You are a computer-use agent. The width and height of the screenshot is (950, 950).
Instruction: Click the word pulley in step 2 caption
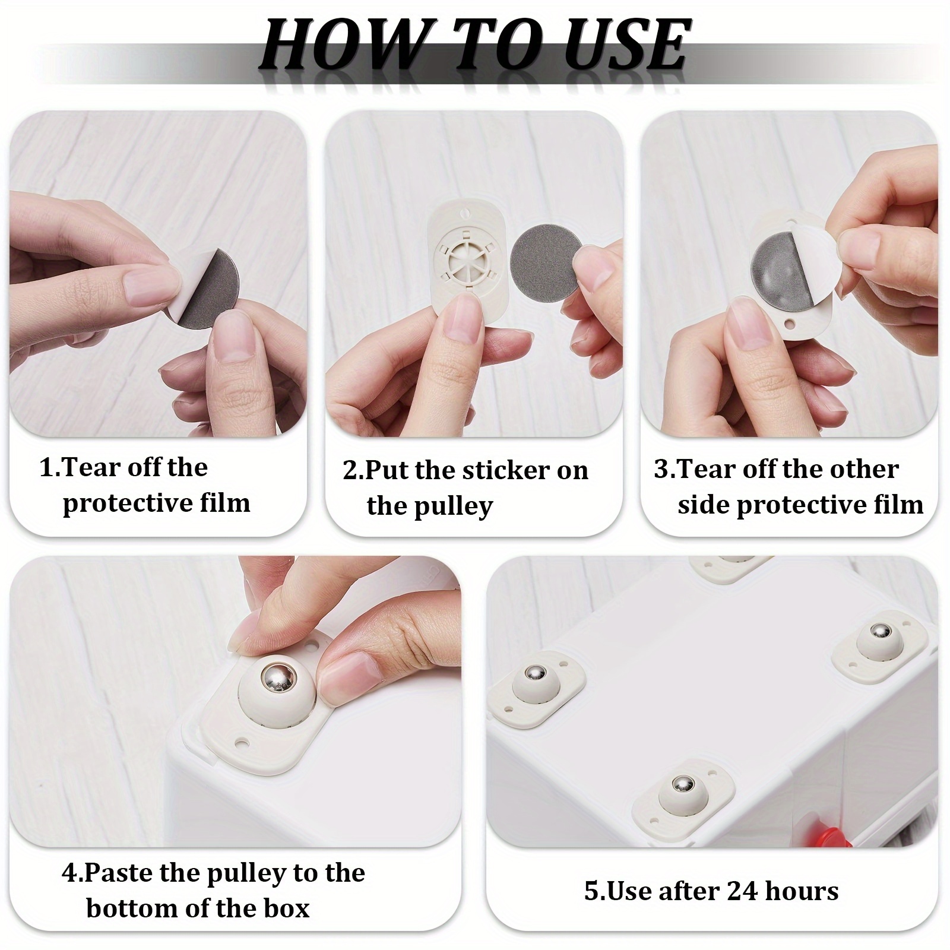(x=458, y=506)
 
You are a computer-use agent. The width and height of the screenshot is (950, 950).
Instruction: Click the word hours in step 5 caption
(x=802, y=891)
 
